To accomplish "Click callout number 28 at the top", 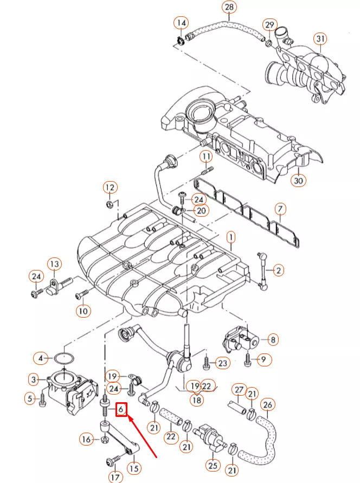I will pyautogui.click(x=230, y=7).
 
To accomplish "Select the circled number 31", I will pyautogui.click(x=322, y=38).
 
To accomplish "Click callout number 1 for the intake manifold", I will pyautogui.click(x=230, y=237).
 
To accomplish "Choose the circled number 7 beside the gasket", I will pyautogui.click(x=280, y=209).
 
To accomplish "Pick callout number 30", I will pyautogui.click(x=298, y=181).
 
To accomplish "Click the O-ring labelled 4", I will pyautogui.click(x=65, y=358).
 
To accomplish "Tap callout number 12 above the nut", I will pyautogui.click(x=110, y=188).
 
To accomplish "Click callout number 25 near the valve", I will pyautogui.click(x=213, y=465).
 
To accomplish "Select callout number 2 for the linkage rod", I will pyautogui.click(x=278, y=269).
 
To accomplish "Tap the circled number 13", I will pyautogui.click(x=54, y=264).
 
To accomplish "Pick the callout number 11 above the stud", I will pyautogui.click(x=206, y=157).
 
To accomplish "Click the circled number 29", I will pyautogui.click(x=269, y=25).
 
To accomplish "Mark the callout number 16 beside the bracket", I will pyautogui.click(x=87, y=439).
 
